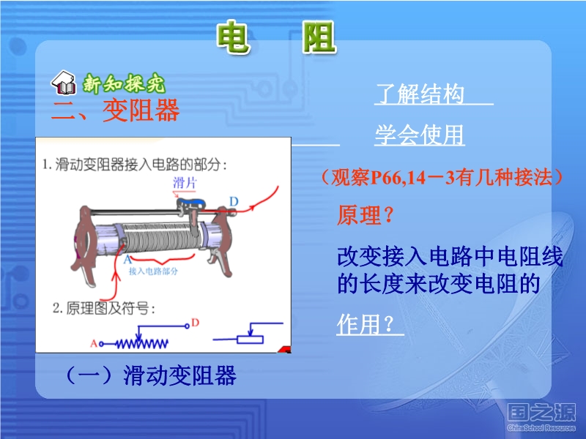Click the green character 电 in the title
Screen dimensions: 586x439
pos(233,37)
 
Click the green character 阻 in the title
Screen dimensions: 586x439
pos(319,37)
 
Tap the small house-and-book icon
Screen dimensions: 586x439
pos(64,82)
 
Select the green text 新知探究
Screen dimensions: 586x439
pos(124,83)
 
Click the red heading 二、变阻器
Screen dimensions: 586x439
pos(115,110)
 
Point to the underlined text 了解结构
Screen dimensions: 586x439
pos(420,94)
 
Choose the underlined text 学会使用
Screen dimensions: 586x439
pos(420,135)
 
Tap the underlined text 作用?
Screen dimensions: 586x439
pos(365,323)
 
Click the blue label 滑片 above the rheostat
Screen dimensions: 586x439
pos(185,183)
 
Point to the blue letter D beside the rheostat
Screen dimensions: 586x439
pos(234,202)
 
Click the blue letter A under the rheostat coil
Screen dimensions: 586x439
pos(127,259)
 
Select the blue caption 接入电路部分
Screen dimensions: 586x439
pos(153,271)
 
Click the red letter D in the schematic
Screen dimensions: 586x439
pos(195,323)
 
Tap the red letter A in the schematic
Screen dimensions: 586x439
pos(94,343)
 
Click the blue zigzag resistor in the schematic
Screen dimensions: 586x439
pos(141,343)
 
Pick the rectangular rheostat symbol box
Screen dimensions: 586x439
pos(251,339)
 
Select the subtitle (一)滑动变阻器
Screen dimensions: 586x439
pos(151,375)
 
